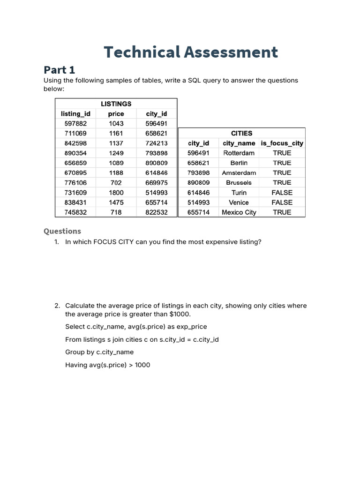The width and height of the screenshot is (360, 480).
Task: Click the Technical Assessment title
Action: [191, 52]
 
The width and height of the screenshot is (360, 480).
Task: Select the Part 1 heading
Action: [59, 70]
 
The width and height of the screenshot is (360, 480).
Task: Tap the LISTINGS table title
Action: [116, 104]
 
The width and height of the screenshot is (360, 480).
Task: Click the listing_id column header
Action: [75, 113]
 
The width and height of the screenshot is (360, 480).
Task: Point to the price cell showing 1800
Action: [116, 193]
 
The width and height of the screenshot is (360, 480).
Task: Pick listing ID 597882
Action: [75, 123]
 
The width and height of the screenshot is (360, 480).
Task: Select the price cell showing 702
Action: [116, 183]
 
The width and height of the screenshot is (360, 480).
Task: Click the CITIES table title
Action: [241, 133]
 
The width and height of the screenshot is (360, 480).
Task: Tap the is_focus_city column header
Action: [282, 143]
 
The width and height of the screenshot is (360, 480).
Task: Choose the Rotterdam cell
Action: [239, 153]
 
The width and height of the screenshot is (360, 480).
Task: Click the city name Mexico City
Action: [239, 212]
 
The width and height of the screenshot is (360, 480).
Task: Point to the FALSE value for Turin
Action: [282, 193]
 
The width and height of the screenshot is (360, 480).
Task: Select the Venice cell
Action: [239, 202]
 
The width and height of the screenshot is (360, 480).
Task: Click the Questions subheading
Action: [62, 231]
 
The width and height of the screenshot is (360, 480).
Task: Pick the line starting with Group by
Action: [99, 352]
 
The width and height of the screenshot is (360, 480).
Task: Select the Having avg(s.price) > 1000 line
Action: [108, 365]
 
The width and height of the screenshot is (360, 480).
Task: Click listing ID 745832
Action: [75, 212]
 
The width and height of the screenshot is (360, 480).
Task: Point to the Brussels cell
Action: [239, 183]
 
